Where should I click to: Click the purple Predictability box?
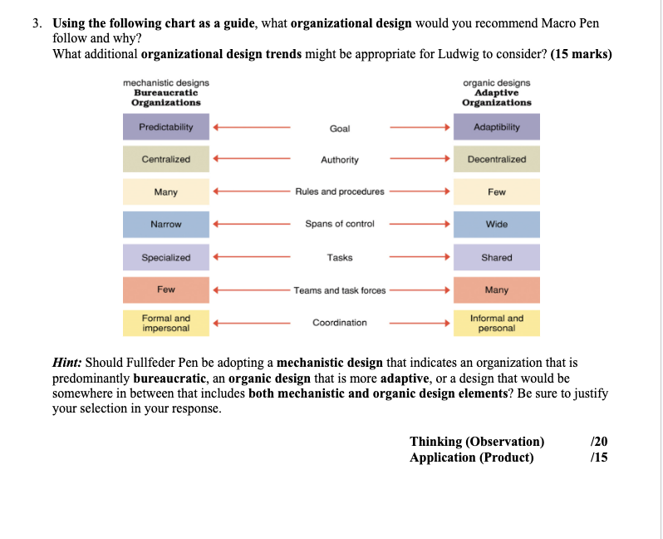pos(165,127)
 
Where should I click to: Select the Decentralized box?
pos(496,159)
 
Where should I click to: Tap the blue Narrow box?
pos(165,225)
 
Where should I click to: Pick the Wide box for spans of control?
pos(496,225)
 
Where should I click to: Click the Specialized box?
pos(165,258)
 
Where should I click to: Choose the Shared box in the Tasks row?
pos(496,258)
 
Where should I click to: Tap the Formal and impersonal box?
pos(165,323)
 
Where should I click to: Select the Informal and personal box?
pos(496,323)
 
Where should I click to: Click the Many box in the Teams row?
pos(496,290)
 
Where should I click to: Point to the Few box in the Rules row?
pos(496,192)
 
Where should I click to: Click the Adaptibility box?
pos(496,127)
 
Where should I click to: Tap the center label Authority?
pos(340,160)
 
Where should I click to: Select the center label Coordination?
pos(340,323)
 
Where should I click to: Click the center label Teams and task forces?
pos(340,290)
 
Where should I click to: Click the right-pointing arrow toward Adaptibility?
pos(420,128)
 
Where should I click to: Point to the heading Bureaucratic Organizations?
pos(166,97)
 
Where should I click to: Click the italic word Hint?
pos(66,363)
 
